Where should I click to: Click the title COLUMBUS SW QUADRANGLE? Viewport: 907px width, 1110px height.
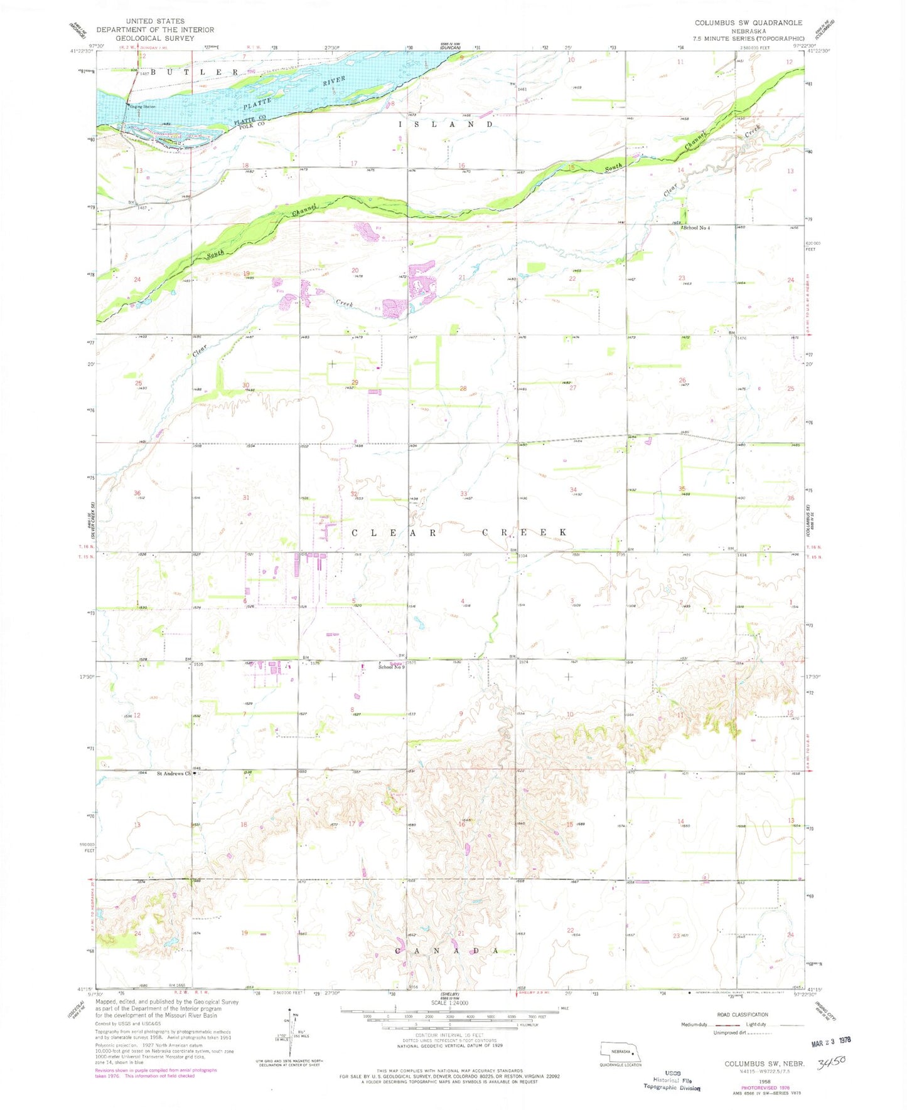pyautogui.click(x=748, y=23)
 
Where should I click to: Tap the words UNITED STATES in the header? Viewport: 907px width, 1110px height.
pyautogui.click(x=155, y=21)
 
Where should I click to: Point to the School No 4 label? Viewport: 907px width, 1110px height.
pyautogui.click(x=697, y=228)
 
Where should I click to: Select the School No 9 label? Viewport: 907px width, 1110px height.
pyautogui.click(x=391, y=667)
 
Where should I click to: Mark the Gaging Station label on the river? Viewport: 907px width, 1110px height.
pyautogui.click(x=142, y=107)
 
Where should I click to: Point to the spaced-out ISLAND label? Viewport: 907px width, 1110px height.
pyautogui.click(x=446, y=125)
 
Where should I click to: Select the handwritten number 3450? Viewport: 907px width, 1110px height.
pyautogui.click(x=832, y=1062)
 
